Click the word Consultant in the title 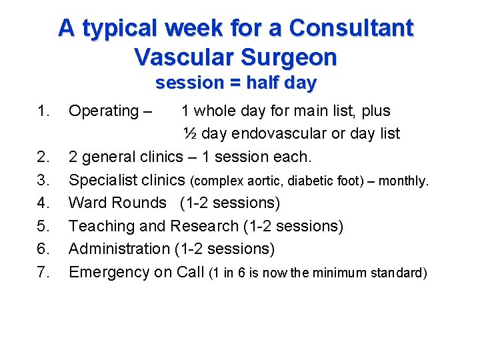352,28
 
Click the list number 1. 43,111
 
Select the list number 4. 43,203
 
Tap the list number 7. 43,272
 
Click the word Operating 104,111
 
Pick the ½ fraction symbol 189,133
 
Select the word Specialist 103,180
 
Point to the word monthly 407,180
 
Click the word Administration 119,249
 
